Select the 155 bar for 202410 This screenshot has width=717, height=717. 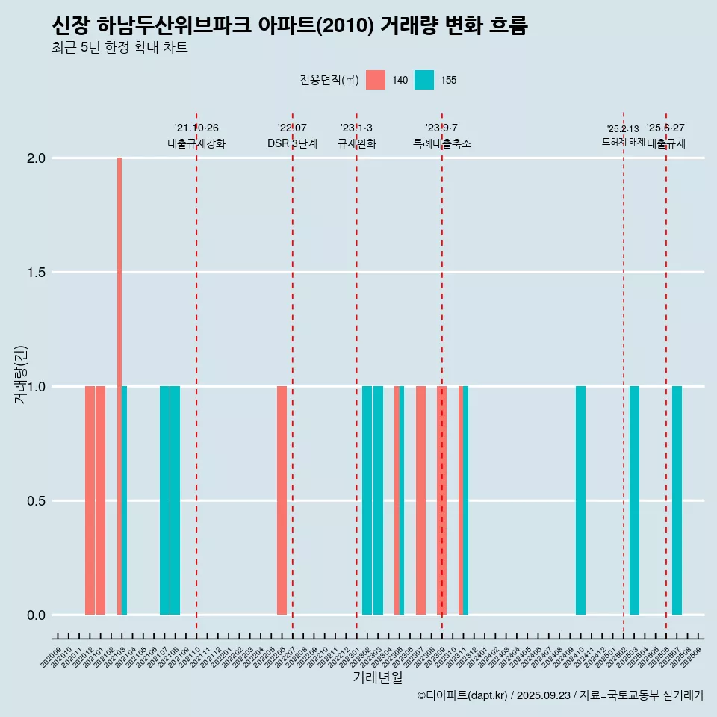580,500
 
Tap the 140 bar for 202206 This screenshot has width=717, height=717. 282,500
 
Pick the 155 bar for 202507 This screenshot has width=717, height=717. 677,500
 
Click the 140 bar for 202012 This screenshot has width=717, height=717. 90,500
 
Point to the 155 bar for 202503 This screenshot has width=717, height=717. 634,500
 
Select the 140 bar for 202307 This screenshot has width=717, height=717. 420,500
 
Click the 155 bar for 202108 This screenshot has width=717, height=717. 175,500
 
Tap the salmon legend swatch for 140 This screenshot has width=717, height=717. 376,80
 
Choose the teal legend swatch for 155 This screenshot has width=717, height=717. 424,80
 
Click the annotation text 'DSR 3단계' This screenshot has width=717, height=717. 292,143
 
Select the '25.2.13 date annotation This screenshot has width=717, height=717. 622,129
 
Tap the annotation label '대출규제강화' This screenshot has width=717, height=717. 196,143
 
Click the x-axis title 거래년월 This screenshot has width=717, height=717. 377,678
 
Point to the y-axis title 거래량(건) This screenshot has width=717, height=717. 21,374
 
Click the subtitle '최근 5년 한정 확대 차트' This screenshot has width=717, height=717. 119,48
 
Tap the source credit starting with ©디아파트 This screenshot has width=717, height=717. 560,695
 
